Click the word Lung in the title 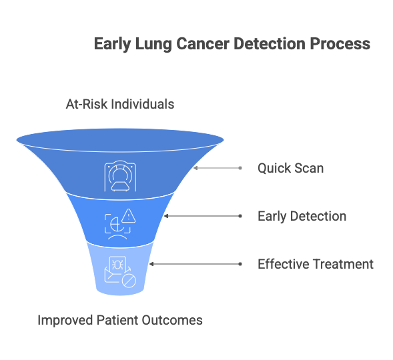click(x=153, y=44)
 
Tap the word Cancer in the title click(x=203, y=44)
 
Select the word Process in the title click(x=340, y=44)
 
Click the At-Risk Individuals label click(x=120, y=104)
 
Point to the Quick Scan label click(x=290, y=168)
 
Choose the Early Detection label click(x=302, y=216)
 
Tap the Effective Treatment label click(x=316, y=264)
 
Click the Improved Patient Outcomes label click(x=120, y=320)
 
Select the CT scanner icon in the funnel click(x=120, y=176)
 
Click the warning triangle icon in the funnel click(x=129, y=216)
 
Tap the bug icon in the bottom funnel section click(x=117, y=265)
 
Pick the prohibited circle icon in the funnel click(x=129, y=281)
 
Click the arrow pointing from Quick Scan click(x=218, y=168)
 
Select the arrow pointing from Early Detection click(x=203, y=216)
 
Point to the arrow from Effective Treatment click(x=195, y=264)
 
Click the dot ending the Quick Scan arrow click(x=240, y=168)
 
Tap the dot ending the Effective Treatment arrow click(x=240, y=264)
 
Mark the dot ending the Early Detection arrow click(x=240, y=216)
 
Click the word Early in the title click(x=112, y=44)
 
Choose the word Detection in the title click(x=270, y=44)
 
